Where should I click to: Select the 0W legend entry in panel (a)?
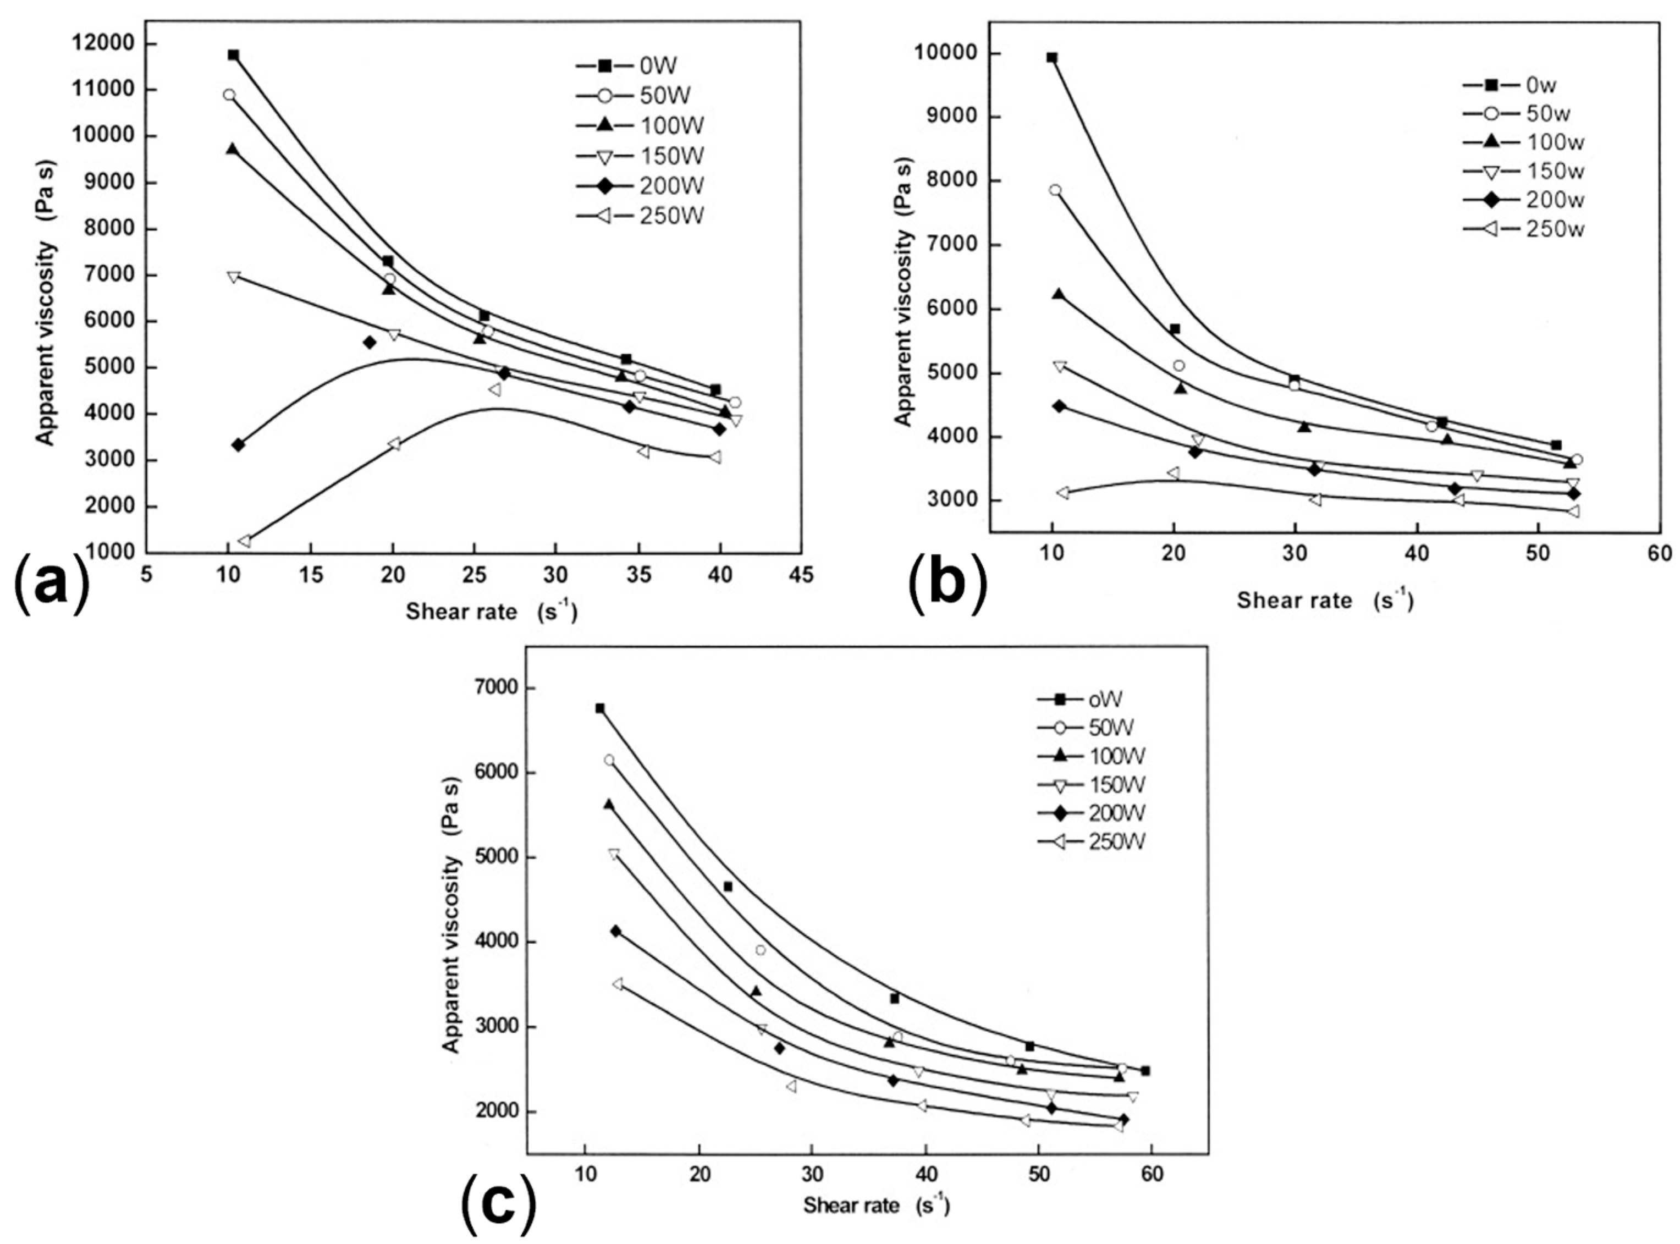pos(638,66)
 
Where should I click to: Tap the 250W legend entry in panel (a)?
pos(638,216)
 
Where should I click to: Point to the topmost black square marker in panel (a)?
pos(233,55)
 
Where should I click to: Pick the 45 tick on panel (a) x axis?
pos(801,575)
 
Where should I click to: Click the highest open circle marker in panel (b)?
pos(1055,190)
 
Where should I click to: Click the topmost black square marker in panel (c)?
pos(600,708)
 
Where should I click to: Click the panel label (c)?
pos(499,1203)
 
